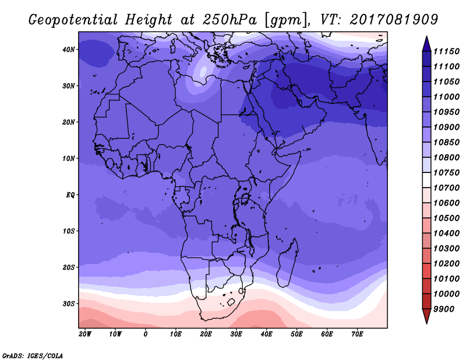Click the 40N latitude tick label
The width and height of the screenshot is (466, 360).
(x=69, y=50)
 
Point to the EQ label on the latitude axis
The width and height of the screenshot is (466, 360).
(x=70, y=195)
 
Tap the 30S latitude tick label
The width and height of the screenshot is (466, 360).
(x=69, y=304)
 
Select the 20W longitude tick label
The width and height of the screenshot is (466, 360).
(x=84, y=334)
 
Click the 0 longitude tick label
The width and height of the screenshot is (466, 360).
(x=145, y=334)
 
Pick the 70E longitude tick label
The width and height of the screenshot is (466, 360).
(x=357, y=334)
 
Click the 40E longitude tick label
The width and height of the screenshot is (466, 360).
(x=266, y=334)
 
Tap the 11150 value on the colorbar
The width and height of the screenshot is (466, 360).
(x=446, y=51)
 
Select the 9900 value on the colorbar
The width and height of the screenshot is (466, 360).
(x=444, y=309)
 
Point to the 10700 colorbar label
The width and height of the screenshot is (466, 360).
(x=446, y=188)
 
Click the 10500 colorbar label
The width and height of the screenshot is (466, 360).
(x=446, y=218)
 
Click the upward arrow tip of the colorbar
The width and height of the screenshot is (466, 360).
(x=426, y=37)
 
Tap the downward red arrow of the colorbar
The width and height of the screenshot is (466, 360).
(x=426, y=316)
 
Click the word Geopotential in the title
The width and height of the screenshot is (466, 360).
(x=73, y=20)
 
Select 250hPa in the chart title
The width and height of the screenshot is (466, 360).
(x=230, y=20)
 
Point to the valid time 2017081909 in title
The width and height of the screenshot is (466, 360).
(x=394, y=19)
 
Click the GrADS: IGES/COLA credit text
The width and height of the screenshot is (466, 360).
(x=33, y=356)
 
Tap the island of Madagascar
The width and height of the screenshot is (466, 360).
(x=288, y=263)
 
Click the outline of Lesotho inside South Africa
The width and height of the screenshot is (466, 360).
(x=231, y=302)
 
